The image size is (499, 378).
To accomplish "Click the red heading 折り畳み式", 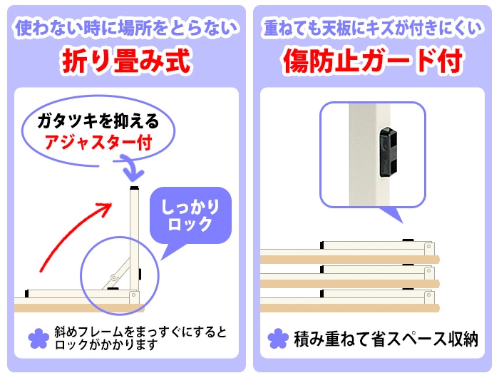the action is [x=126, y=61].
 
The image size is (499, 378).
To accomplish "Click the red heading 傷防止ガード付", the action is [x=372, y=61].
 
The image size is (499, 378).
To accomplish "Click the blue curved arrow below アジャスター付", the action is [x=130, y=167].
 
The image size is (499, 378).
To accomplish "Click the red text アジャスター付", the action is [x=98, y=142].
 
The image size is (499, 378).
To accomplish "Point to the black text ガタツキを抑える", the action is [x=98, y=121].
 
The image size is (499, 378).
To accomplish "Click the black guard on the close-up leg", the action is [x=388, y=152].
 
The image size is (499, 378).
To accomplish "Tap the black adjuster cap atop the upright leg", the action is [x=134, y=188].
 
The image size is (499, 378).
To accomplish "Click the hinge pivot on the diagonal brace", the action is [x=113, y=277].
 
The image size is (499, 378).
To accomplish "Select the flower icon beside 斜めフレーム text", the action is [x=38, y=339].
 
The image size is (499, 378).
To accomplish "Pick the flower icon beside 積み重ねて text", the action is [x=278, y=339].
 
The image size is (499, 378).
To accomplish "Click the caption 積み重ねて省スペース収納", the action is [x=386, y=339].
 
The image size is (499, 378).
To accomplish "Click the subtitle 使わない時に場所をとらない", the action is [x=126, y=28].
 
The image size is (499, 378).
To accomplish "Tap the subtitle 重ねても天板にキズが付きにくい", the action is [x=372, y=28].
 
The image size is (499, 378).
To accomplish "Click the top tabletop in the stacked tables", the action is [x=350, y=259].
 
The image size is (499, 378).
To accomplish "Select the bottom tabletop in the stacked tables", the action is [x=350, y=308].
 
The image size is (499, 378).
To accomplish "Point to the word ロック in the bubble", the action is [x=190, y=225].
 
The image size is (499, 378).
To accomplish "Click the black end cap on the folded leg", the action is [x=27, y=294].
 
